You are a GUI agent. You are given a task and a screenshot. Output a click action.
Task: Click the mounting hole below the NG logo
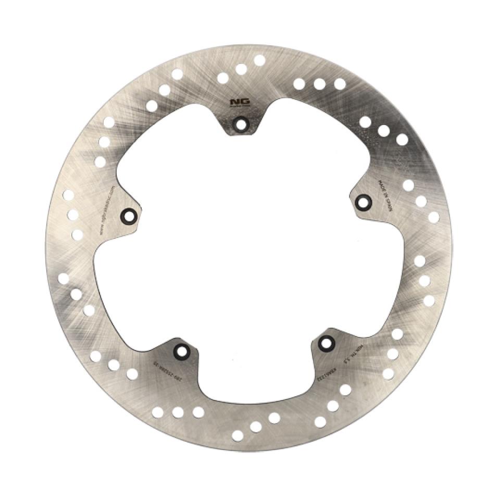240,124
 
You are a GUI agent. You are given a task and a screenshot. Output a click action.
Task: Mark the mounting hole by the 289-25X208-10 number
181,352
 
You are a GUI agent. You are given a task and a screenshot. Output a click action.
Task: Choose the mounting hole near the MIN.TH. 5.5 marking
327,343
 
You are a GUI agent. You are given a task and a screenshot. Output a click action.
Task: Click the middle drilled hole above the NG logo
241,69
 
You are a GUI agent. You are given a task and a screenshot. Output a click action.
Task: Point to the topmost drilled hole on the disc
259,60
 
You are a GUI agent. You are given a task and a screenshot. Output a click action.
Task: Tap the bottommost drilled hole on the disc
238,435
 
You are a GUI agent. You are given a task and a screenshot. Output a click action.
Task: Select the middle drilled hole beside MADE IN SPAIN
421,201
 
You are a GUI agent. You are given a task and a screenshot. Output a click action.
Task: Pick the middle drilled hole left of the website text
73,215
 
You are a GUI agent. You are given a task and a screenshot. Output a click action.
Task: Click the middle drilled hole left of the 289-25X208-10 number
114,365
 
